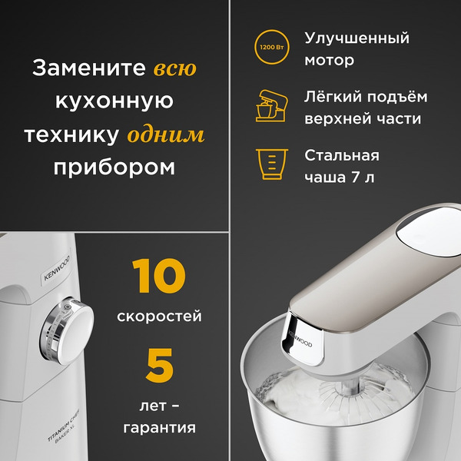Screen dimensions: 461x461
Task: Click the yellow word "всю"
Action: click(174, 69)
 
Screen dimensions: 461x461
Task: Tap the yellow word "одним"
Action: click(165, 135)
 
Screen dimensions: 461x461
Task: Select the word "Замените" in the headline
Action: click(88, 69)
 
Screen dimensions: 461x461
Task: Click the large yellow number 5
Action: click(159, 365)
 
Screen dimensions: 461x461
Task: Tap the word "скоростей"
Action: click(159, 316)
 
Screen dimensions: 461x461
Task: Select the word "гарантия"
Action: click(159, 426)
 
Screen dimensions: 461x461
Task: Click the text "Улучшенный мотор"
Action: click(357, 49)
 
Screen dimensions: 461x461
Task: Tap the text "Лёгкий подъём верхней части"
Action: click(366, 108)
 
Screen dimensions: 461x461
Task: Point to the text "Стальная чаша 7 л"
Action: click(342, 166)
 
